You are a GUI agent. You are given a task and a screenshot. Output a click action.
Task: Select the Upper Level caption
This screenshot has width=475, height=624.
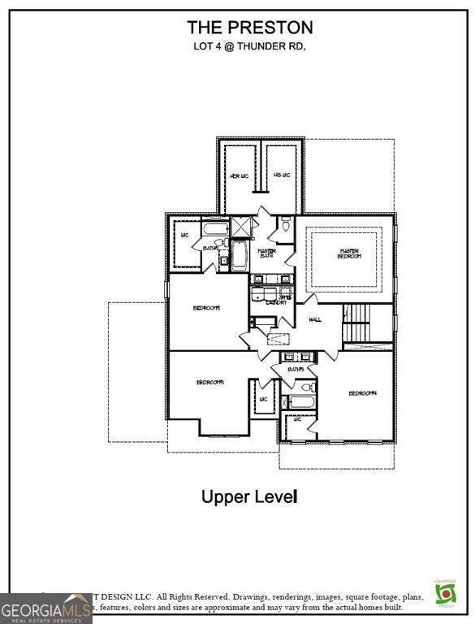click(249, 496)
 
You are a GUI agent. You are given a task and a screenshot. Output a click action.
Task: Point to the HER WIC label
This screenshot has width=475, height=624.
click(240, 175)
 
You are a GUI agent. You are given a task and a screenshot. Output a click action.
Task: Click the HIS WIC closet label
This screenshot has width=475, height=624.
click(282, 175)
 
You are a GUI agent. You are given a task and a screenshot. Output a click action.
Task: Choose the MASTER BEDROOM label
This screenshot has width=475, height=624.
click(349, 254)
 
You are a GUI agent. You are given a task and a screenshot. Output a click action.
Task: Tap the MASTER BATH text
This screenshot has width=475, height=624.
click(266, 253)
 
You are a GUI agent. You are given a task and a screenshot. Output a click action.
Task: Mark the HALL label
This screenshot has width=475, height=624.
click(315, 319)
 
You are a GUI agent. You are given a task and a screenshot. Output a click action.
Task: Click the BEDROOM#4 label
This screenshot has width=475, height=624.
click(362, 393)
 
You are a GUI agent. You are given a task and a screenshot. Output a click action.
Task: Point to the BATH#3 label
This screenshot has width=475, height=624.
click(295, 370)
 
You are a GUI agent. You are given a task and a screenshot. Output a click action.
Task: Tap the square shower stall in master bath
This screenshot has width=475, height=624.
click(242, 227)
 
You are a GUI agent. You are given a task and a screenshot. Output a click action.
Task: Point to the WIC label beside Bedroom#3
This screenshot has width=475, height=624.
click(263, 400)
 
